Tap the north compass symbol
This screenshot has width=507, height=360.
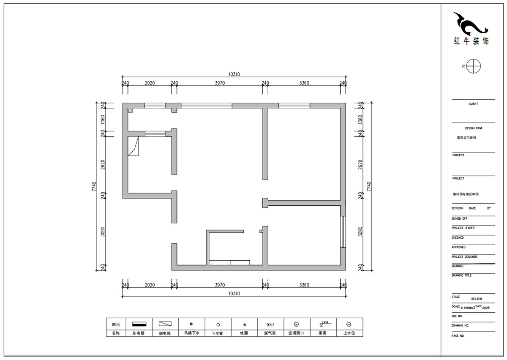(x=474, y=66)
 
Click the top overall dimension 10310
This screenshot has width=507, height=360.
(x=234, y=74)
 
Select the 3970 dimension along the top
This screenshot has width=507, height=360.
(x=219, y=83)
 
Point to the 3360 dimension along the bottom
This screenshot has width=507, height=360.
(x=304, y=285)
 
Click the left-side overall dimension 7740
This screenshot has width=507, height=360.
(x=94, y=186)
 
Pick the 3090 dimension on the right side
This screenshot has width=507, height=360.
(x=360, y=232)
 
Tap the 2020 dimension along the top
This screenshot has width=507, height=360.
(x=150, y=83)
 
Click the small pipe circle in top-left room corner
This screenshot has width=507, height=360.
(x=130, y=110)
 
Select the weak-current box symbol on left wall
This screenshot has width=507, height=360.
(x=134, y=146)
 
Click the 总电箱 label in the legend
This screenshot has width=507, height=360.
(x=139, y=333)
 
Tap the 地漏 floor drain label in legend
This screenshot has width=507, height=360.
(x=245, y=333)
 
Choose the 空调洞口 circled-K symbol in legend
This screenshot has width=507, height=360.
(x=296, y=325)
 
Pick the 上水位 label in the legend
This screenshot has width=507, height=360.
(x=349, y=333)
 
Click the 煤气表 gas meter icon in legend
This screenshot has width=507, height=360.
(x=270, y=325)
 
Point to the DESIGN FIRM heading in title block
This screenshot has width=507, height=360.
(x=473, y=128)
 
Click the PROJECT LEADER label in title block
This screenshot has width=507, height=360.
(x=463, y=228)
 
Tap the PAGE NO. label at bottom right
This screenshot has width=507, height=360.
(x=458, y=335)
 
